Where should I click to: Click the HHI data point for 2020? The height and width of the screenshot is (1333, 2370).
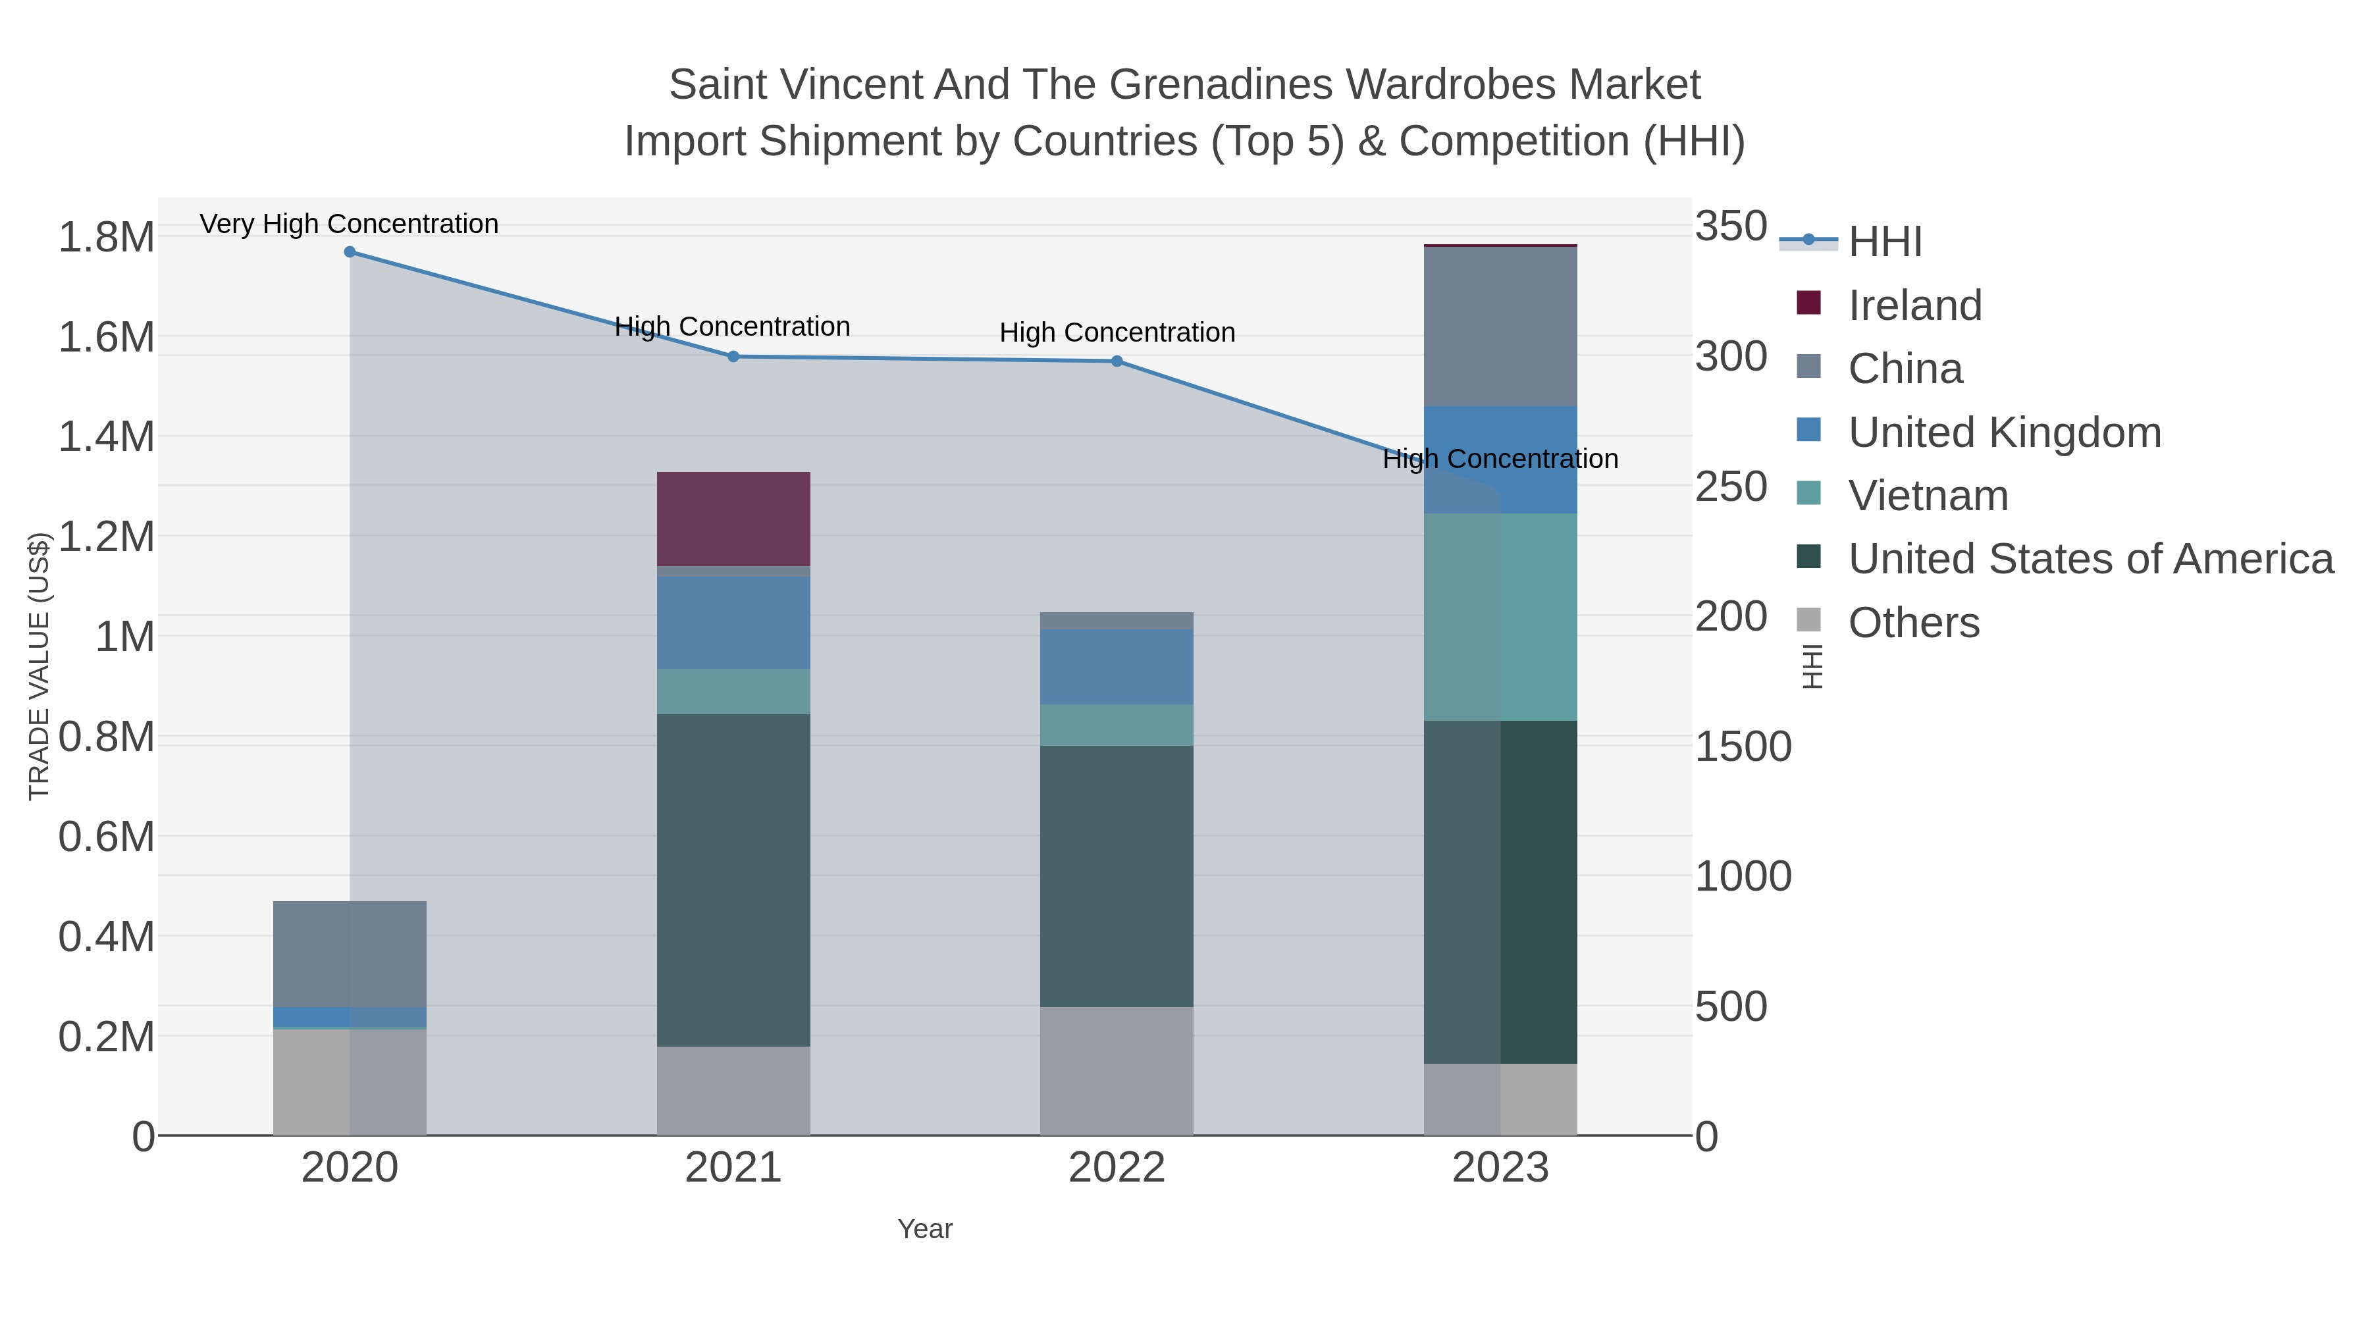[x=350, y=252]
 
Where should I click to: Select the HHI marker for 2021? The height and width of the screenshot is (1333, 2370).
[x=733, y=357]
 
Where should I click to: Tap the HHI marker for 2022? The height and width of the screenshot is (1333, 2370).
[x=1117, y=361]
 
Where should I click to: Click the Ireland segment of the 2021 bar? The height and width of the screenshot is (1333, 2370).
[x=733, y=519]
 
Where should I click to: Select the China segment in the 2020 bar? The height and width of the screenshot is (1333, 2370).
[x=350, y=954]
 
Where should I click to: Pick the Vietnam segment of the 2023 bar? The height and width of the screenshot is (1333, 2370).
[x=1500, y=616]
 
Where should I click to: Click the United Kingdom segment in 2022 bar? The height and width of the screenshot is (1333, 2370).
[x=1117, y=667]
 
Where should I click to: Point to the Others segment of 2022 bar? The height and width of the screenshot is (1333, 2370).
[x=1117, y=1071]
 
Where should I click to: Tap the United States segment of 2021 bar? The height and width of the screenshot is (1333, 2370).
[x=733, y=879]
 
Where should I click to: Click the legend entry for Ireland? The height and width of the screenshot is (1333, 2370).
[x=1914, y=305]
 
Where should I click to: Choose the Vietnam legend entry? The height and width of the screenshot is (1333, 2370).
[x=1928, y=496]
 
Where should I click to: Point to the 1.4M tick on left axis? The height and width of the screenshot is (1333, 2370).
[x=106, y=437]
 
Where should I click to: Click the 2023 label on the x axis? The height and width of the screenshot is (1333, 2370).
[x=1500, y=1168]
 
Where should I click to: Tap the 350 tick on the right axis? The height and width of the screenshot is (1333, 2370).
[x=1731, y=226]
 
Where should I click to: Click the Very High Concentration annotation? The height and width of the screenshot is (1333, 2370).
[x=350, y=224]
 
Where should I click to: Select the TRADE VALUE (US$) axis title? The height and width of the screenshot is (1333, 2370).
[x=39, y=666]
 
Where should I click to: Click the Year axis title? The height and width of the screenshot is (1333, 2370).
[x=925, y=1229]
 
